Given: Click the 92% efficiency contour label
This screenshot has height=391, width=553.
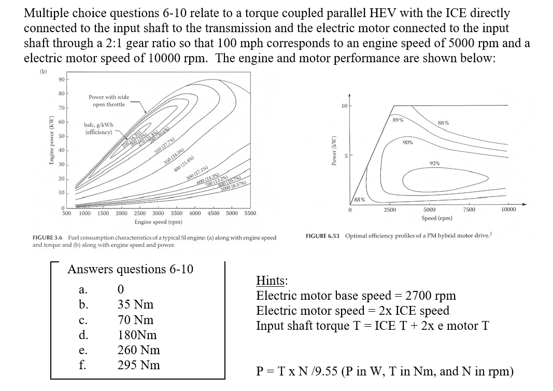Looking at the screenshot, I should point(434,164).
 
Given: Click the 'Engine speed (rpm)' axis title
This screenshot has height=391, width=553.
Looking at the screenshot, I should point(158,222).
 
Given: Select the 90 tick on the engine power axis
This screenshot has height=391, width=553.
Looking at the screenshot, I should point(61,79).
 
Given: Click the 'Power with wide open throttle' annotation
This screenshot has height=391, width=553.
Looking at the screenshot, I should point(109,101).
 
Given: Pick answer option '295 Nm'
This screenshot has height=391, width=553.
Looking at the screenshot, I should point(139,365).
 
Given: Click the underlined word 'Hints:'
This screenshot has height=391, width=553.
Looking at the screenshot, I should point(272,281).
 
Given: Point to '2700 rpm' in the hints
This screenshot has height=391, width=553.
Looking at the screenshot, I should point(431,296).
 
